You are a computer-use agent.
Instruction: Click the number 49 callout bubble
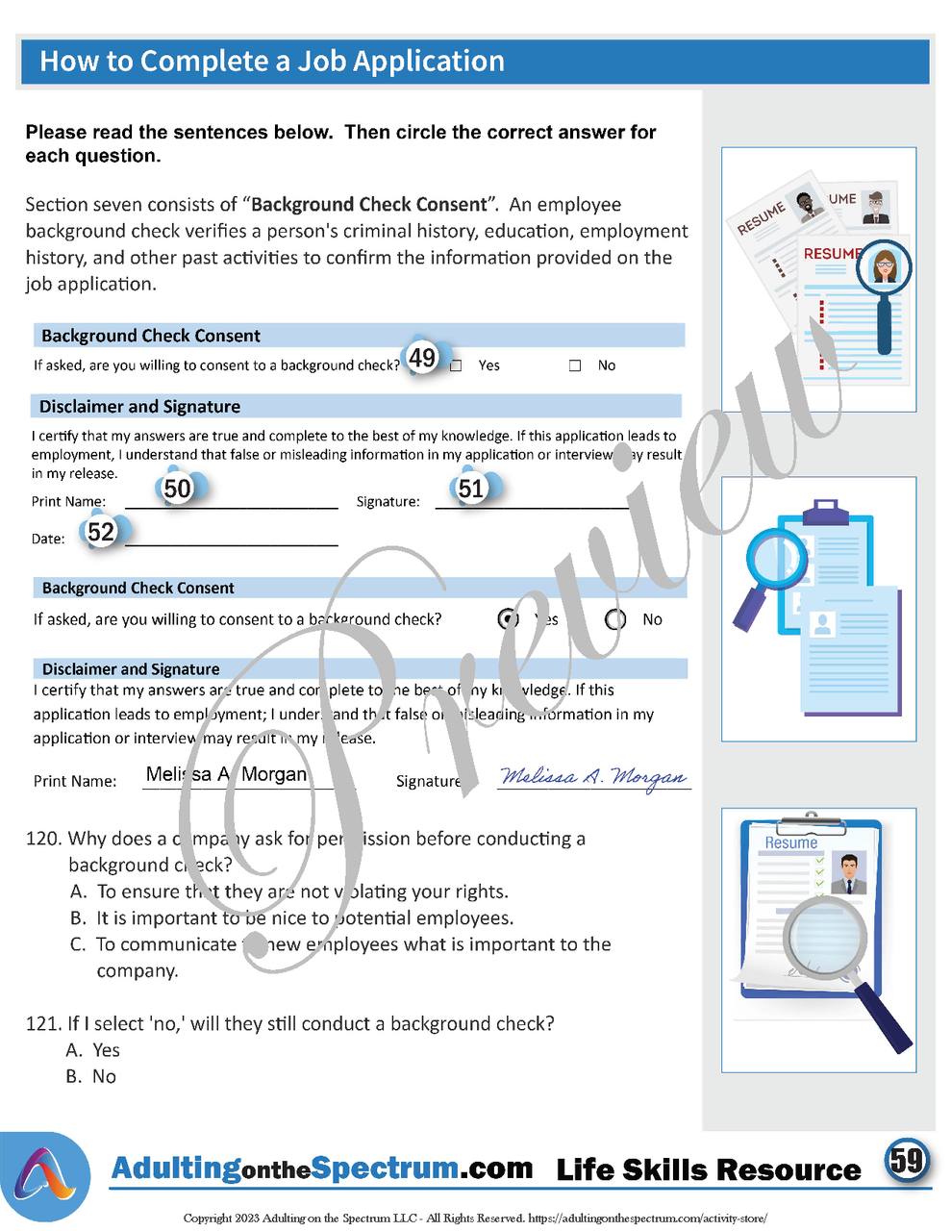point(422,358)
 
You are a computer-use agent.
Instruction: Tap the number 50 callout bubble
point(178,489)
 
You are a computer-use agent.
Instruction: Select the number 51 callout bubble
point(471,489)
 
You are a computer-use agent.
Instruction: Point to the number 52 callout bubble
point(101,532)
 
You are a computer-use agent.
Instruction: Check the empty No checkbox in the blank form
point(575,365)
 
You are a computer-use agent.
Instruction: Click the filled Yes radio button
point(509,619)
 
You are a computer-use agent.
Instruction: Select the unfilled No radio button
point(615,619)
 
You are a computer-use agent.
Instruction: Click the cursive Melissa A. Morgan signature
point(593,777)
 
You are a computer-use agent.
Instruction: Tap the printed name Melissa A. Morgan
point(226,775)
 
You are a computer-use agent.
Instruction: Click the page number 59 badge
point(906,1160)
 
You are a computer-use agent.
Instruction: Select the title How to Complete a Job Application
point(272,62)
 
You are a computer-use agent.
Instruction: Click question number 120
point(43,839)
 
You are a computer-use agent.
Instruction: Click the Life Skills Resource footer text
point(709,1170)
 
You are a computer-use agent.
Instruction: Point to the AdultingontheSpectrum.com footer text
point(321,1168)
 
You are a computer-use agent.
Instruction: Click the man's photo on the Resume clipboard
point(848,872)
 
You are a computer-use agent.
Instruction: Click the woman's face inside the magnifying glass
point(883,265)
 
